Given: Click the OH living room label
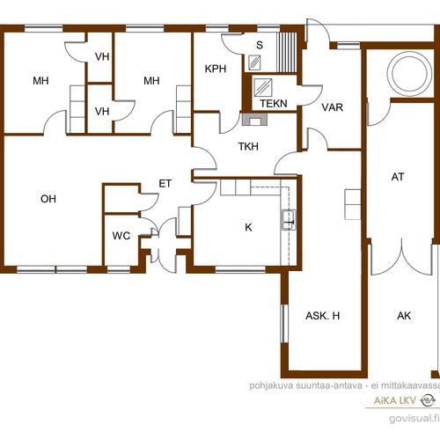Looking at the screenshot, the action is click(x=48, y=199).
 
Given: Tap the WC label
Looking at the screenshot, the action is click(x=121, y=236).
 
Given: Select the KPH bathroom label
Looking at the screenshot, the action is click(x=216, y=69).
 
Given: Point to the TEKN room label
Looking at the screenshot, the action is click(x=274, y=103).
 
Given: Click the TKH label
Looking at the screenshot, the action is click(x=248, y=146).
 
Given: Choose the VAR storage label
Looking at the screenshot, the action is click(x=333, y=107).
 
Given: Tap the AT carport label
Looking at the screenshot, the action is click(x=398, y=177).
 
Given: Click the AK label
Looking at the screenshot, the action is click(x=404, y=316).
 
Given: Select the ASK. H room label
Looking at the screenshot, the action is click(x=323, y=316).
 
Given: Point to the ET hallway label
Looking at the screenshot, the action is click(x=165, y=184).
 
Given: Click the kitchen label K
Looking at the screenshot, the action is click(x=248, y=227).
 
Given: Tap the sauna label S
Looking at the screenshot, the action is click(x=260, y=45).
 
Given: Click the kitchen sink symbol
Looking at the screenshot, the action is click(x=289, y=220).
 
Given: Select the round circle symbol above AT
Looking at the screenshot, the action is click(x=409, y=73).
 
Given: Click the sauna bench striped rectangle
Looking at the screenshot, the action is click(x=287, y=52).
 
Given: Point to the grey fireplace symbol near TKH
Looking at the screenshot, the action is click(x=254, y=120).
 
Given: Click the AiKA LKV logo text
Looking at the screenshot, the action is click(x=395, y=400).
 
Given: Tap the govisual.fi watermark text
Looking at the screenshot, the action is click(x=414, y=418).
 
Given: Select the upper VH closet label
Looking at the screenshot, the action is click(x=102, y=56).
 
